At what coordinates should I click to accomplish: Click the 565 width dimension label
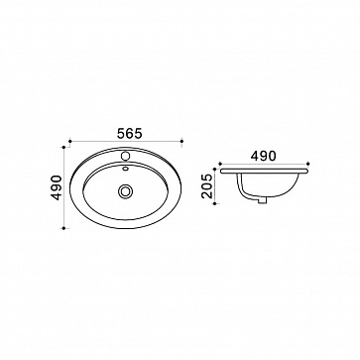click(130, 134)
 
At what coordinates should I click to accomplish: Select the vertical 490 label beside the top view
click(58, 187)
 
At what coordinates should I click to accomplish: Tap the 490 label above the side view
click(263, 156)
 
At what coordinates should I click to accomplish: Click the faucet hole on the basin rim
click(125, 155)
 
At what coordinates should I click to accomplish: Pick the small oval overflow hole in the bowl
click(125, 169)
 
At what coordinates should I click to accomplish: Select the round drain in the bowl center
click(125, 191)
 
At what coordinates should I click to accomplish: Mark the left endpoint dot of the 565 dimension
click(70, 141)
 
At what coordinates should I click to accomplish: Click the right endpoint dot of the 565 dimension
click(181, 141)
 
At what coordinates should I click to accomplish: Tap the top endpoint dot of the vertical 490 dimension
click(63, 147)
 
